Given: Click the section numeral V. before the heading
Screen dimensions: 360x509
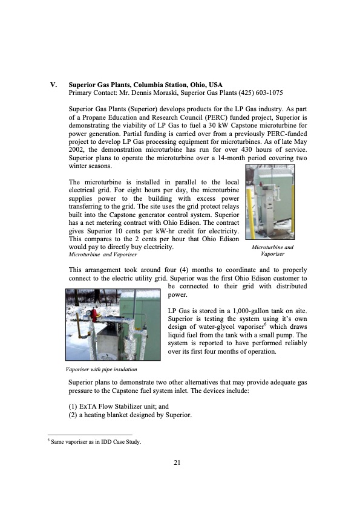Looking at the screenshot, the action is pyautogui.click(x=54, y=85).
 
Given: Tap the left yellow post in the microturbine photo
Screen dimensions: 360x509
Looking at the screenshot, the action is pyautogui.click(x=249, y=208).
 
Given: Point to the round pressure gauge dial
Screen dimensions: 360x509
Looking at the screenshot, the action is pyautogui.click(x=88, y=313).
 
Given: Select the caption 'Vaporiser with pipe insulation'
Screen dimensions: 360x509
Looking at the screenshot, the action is pyautogui.click(x=102, y=369).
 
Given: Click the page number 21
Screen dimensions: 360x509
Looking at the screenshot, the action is pyautogui.click(x=177, y=463).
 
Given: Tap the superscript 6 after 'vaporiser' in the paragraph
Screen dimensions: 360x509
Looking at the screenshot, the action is pyautogui.click(x=265, y=325).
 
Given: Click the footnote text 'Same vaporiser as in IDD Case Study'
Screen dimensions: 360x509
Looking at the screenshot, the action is pyautogui.click(x=96, y=442).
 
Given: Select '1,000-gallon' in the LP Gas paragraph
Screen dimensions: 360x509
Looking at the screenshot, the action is pyautogui.click(x=251, y=311).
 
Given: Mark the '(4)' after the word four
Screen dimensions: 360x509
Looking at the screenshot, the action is pyautogui.click(x=184, y=270).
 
